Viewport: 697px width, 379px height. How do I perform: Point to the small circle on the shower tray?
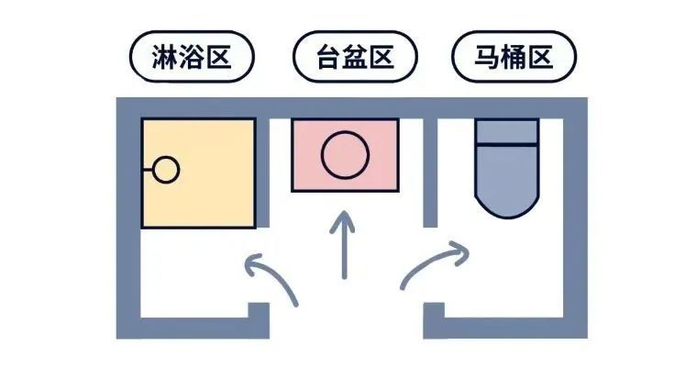(x=166, y=170)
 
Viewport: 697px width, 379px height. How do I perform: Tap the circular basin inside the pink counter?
(x=346, y=154)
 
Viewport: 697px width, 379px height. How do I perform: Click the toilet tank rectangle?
(x=506, y=131)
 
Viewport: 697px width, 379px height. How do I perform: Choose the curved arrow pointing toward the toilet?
(x=431, y=266)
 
